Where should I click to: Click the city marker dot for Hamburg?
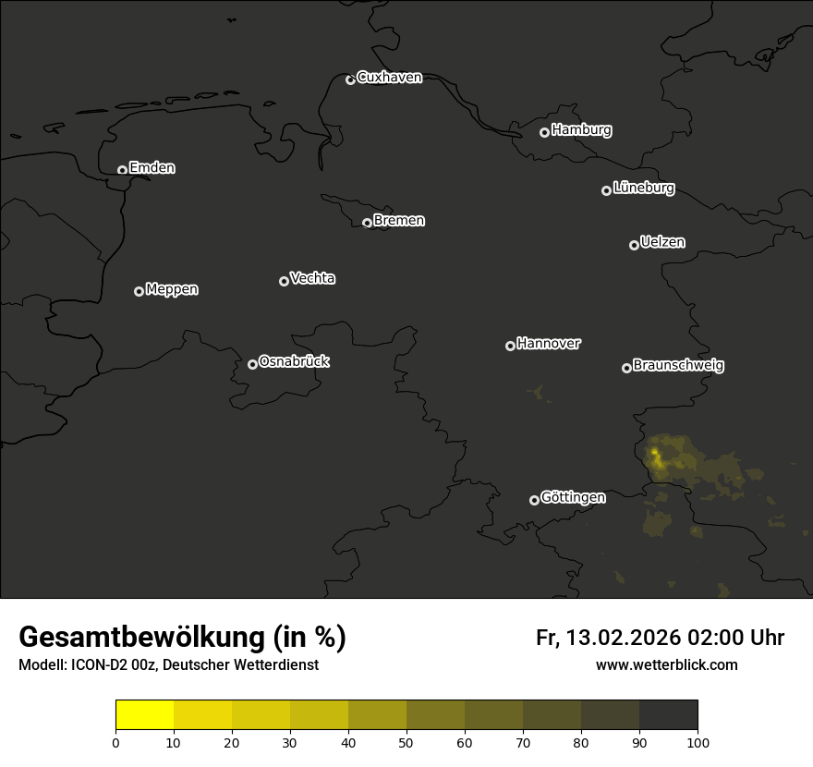[544, 132]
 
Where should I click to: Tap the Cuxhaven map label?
[389, 78]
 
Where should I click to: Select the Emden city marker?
[122, 170]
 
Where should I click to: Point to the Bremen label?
[399, 221]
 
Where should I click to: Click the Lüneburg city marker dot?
[606, 190]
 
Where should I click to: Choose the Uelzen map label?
[662, 242]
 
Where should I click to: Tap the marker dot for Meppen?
[139, 291]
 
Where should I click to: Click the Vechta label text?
[312, 278]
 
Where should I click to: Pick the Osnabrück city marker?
[252, 364]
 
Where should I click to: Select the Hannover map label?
[549, 344]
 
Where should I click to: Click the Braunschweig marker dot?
[626, 368]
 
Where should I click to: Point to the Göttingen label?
[573, 498]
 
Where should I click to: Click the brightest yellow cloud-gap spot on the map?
[656, 455]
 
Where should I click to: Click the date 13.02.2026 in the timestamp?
[624, 638]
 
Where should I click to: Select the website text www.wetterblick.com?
[666, 664]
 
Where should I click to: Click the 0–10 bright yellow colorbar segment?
[144, 715]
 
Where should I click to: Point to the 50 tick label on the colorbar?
[406, 742]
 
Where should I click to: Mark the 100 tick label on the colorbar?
[698, 742]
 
